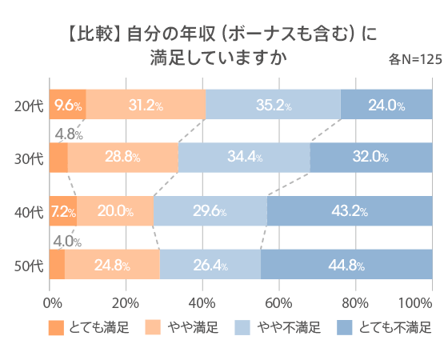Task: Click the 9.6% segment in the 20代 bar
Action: tap(68, 105)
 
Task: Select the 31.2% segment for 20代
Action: tap(146, 105)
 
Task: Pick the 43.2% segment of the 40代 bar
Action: tap(349, 212)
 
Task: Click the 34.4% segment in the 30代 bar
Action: tap(244, 157)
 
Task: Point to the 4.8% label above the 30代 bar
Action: tap(66, 133)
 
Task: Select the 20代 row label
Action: tap(30, 105)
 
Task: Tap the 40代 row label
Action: tap(30, 212)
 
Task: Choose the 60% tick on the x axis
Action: tap(278, 302)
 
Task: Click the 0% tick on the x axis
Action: tap(52, 302)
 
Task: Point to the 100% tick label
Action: tap(415, 302)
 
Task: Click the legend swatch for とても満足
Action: tap(55, 327)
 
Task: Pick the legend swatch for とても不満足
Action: tap(343, 327)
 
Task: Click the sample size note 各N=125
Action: tap(415, 59)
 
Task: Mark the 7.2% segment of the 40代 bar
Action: tap(63, 212)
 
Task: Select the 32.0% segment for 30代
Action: tap(370, 157)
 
